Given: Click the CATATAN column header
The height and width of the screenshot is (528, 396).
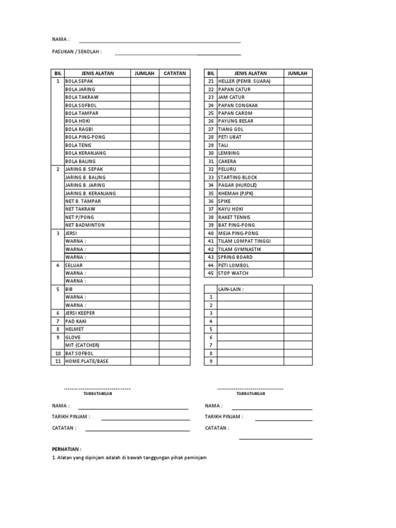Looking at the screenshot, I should coord(175,73).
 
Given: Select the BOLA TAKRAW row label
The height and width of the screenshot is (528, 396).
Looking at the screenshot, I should coord(81,97).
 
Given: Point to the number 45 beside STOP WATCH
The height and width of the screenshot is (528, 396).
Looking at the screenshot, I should coord(210,273).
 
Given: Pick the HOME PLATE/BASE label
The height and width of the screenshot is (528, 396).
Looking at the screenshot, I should coord(87,361).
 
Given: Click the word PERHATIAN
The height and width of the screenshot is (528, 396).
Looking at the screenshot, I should coord(67,449).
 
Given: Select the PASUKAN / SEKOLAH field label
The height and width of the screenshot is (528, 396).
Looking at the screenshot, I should coord(77,52).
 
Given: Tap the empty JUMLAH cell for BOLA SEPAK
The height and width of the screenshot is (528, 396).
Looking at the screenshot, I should coord(144,81).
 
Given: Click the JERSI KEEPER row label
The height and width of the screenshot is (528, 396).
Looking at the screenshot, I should coord(80,313).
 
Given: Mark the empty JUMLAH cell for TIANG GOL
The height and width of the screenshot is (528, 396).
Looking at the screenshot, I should coord(298,129).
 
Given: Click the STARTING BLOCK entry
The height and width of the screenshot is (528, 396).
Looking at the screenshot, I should coord(237,177).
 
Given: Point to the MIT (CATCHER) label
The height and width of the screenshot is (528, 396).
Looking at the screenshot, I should coord(82,345).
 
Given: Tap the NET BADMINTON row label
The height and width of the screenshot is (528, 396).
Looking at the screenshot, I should coord(85,225).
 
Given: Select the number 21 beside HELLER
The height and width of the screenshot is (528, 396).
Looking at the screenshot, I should coord(210,81).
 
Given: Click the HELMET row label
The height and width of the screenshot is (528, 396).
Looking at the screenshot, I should coord(74,329).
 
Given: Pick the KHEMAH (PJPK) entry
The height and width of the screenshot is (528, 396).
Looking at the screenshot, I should coord(236,193).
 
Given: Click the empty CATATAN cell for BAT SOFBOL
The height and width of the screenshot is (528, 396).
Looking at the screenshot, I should coord(175,353).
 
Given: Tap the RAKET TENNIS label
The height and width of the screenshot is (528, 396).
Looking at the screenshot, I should coord(234,217).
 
